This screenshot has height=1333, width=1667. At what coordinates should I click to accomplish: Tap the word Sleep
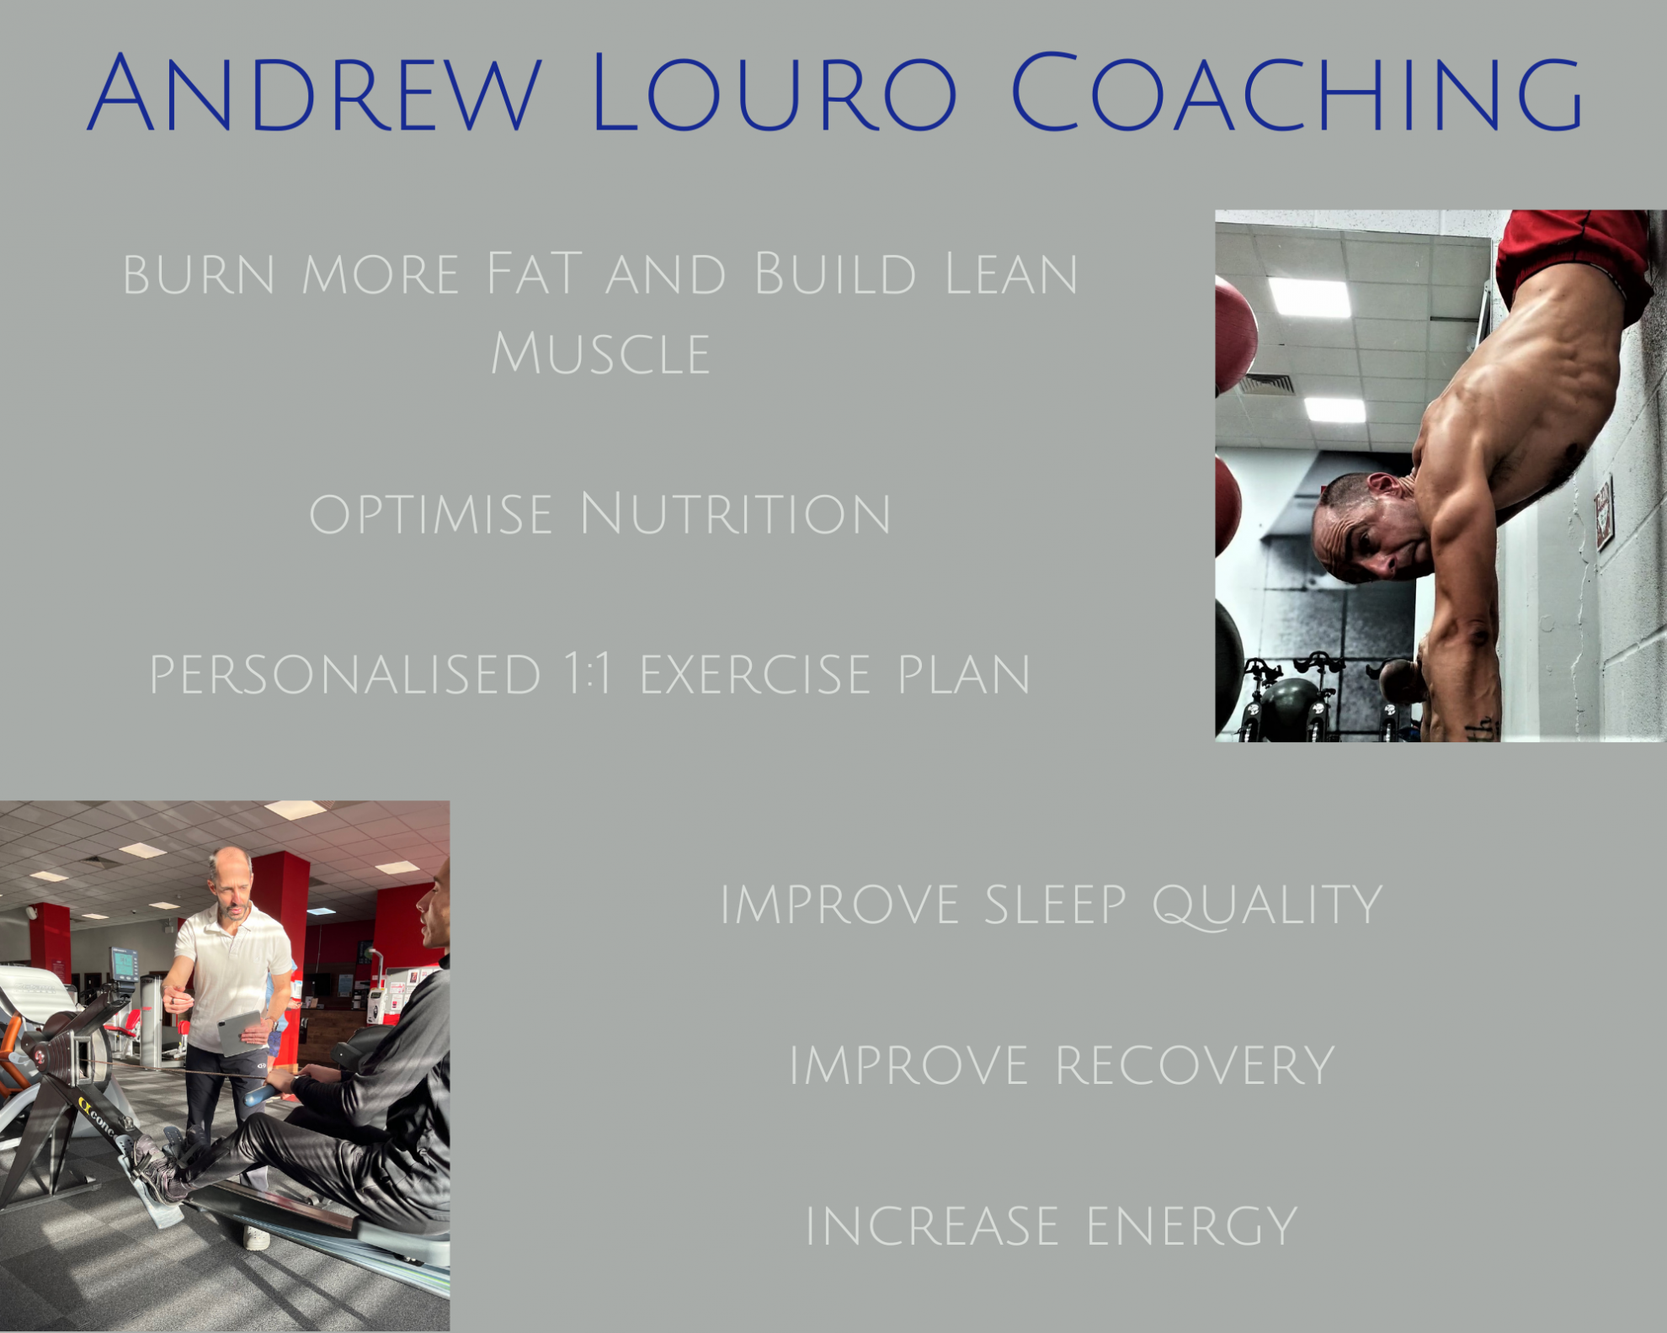(x=1055, y=905)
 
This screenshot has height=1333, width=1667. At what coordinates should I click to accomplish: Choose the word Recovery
(x=1195, y=1065)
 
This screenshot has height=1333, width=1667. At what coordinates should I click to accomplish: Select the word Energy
(x=1192, y=1226)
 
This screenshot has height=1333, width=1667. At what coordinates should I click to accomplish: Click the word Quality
(x=1267, y=906)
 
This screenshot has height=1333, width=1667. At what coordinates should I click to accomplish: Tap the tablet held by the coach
(x=241, y=1033)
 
